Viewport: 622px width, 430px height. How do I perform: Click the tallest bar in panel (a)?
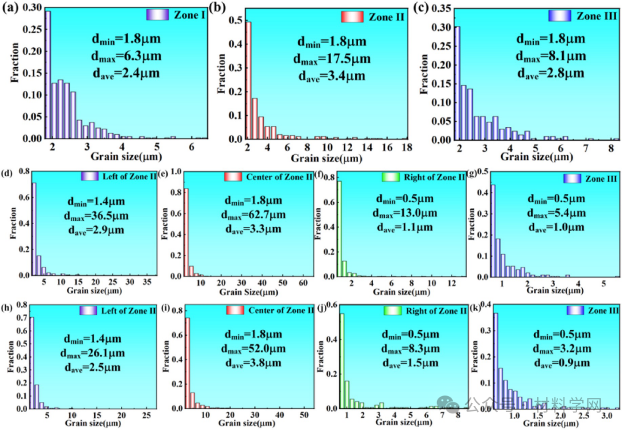point(48,75)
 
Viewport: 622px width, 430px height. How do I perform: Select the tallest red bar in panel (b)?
point(249,80)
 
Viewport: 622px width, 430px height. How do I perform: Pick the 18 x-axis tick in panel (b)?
point(405,148)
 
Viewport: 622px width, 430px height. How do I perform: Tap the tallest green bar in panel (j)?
point(342,360)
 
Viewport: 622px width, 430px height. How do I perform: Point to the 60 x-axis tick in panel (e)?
point(302,283)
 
